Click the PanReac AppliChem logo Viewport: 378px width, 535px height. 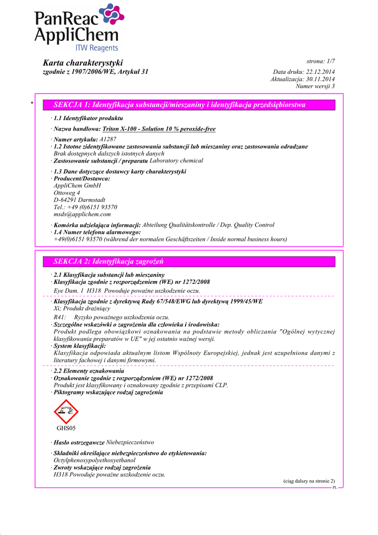click(76, 28)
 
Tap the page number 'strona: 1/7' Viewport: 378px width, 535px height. click(321, 62)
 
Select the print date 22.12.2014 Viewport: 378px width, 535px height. click(321, 72)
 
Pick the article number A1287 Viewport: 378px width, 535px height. click(108, 139)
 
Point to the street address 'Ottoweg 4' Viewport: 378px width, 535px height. click(67, 193)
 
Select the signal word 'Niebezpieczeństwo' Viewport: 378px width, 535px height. click(130, 443)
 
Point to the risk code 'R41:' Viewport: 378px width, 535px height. click(60, 317)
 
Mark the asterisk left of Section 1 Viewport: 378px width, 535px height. click(32, 104)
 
